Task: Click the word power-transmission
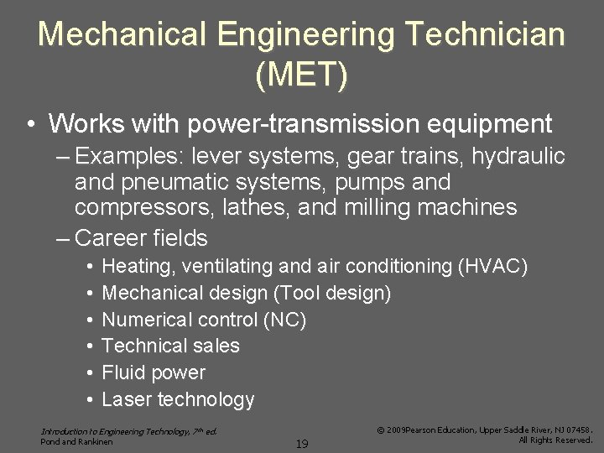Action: [300, 125]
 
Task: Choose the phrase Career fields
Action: [141, 238]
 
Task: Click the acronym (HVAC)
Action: [492, 267]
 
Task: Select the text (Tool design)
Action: [337, 294]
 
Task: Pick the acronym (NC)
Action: [284, 320]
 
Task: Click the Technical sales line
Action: [170, 346]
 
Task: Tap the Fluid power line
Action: [154, 372]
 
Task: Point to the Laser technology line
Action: [178, 399]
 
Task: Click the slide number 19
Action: [301, 443]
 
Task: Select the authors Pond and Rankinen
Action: [76, 441]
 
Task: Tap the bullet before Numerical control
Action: [89, 320]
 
